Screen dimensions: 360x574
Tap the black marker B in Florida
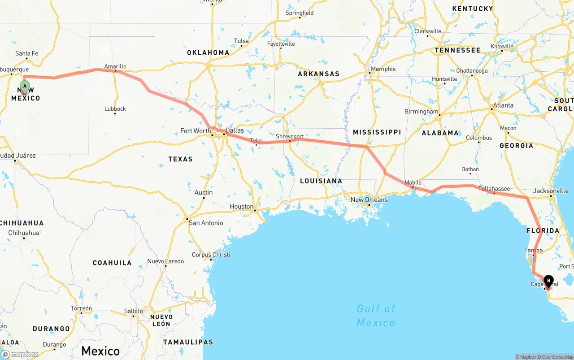(x=548, y=281)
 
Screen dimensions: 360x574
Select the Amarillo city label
(x=115, y=66)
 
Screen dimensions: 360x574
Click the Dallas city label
(x=235, y=130)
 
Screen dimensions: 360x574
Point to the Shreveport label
(x=290, y=136)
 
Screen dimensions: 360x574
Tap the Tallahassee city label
(x=494, y=188)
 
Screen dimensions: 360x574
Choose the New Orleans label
(x=369, y=200)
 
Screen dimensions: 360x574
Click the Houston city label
(x=242, y=206)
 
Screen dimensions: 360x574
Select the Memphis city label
(x=383, y=69)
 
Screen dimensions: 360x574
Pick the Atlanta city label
(x=503, y=105)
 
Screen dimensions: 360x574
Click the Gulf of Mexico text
(x=376, y=315)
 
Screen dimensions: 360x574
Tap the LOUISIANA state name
(x=321, y=181)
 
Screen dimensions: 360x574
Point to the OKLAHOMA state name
(x=208, y=52)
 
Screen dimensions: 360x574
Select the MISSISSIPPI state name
(x=377, y=132)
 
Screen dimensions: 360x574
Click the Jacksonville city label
(x=551, y=191)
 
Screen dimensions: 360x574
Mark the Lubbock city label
(x=115, y=108)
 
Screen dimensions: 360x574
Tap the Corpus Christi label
(x=211, y=255)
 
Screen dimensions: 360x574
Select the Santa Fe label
(x=27, y=53)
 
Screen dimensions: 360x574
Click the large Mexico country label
(x=100, y=351)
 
